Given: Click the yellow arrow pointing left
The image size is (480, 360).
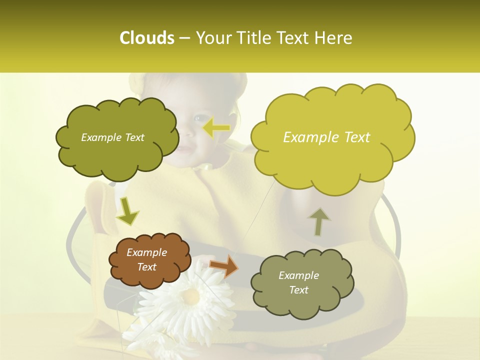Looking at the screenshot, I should click(216, 128).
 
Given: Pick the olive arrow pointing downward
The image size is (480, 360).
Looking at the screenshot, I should click(127, 211).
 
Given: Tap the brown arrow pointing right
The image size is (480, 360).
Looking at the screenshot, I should click(224, 266).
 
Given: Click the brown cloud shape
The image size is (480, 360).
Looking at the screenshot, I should click(150, 260).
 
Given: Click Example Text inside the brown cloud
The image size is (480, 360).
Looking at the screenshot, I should click(147, 259).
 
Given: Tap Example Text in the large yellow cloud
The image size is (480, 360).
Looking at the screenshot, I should click(326, 137).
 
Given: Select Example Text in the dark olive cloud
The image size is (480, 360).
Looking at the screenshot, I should click(112, 137).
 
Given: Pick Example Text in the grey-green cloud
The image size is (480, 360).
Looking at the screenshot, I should click(298, 282).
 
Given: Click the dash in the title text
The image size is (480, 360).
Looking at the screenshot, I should click(184, 38).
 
